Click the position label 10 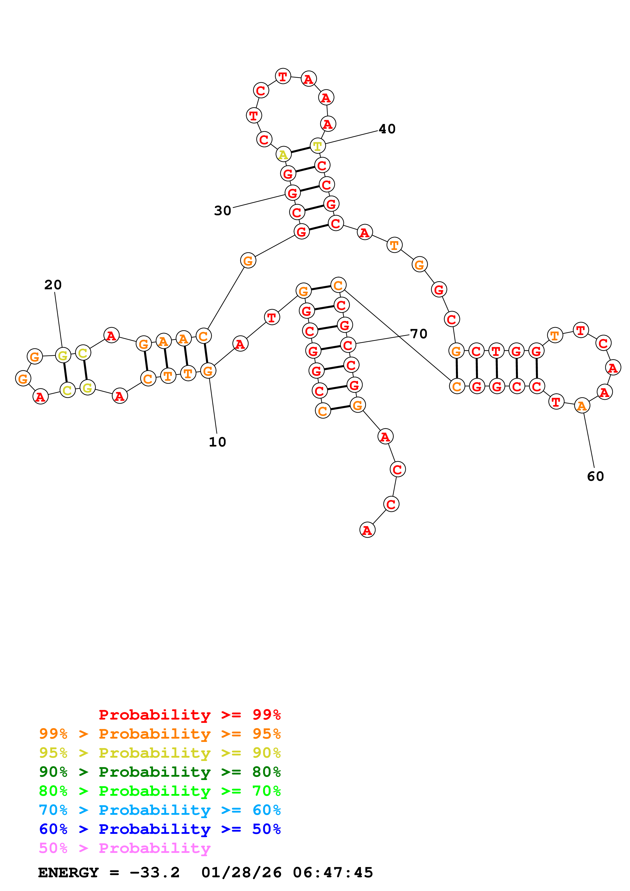click(217, 442)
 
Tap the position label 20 click(53, 285)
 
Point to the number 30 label click(222, 211)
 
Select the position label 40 click(387, 129)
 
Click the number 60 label click(595, 476)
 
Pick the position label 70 click(419, 334)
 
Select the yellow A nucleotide click(283, 154)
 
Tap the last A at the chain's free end click(367, 530)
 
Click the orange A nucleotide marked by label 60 click(581, 406)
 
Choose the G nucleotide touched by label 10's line click(208, 371)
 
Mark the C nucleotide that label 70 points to click(348, 345)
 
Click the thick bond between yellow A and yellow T click(300, 150)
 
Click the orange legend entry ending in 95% click(160, 734)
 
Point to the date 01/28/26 click(241, 873)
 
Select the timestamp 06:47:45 click(333, 873)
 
